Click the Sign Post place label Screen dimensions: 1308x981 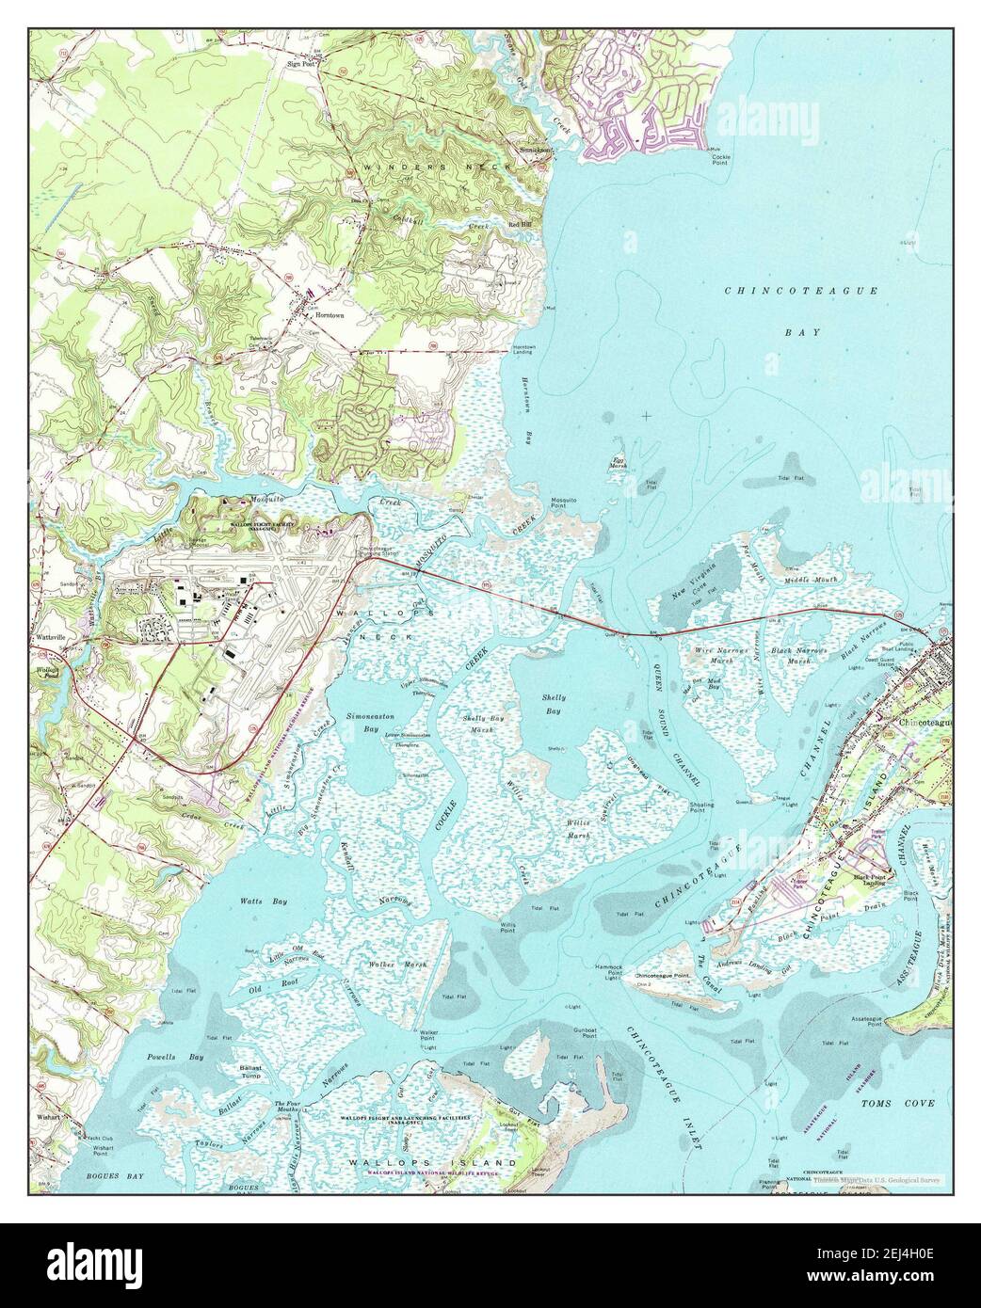pyautogui.click(x=300, y=65)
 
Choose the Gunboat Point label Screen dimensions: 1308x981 pyautogui.click(x=587, y=1031)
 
